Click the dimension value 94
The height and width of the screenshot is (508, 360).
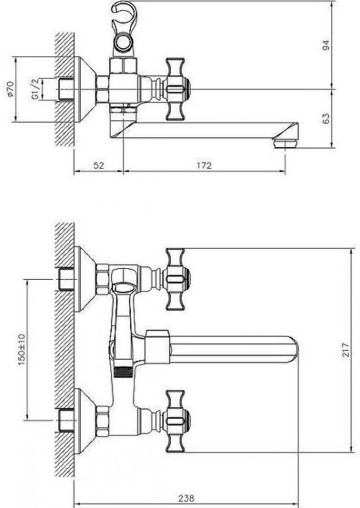click(x=326, y=45)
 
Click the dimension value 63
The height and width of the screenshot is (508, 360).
click(x=326, y=118)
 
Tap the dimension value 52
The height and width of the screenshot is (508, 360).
click(x=99, y=165)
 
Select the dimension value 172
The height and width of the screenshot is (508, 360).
click(x=204, y=165)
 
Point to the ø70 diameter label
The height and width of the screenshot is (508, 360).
click(x=9, y=89)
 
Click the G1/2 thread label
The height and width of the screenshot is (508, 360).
click(x=35, y=89)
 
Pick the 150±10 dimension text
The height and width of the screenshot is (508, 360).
click(x=22, y=350)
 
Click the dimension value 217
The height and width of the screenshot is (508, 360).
click(x=346, y=350)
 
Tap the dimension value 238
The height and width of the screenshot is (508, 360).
click(x=186, y=498)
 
